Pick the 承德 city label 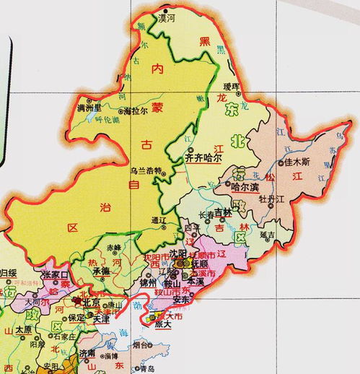pyautogui.click(x=100, y=271)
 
